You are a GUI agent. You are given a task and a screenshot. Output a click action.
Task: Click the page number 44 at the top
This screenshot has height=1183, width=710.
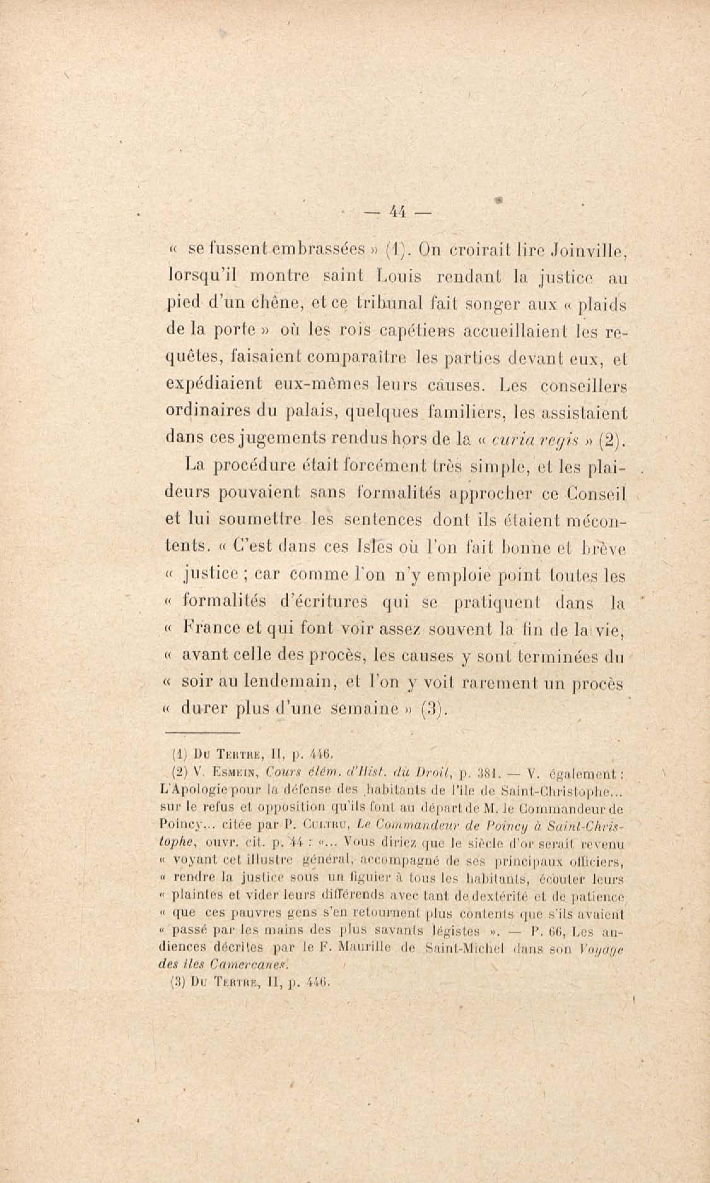(x=397, y=212)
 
